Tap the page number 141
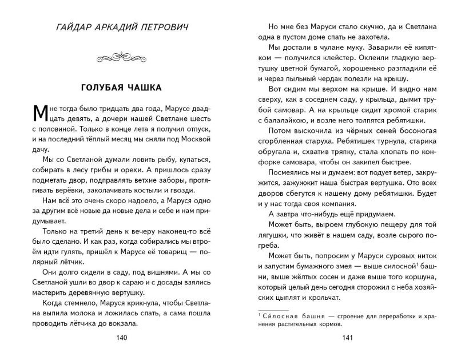tap(349, 337)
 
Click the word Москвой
tap(197, 137)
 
